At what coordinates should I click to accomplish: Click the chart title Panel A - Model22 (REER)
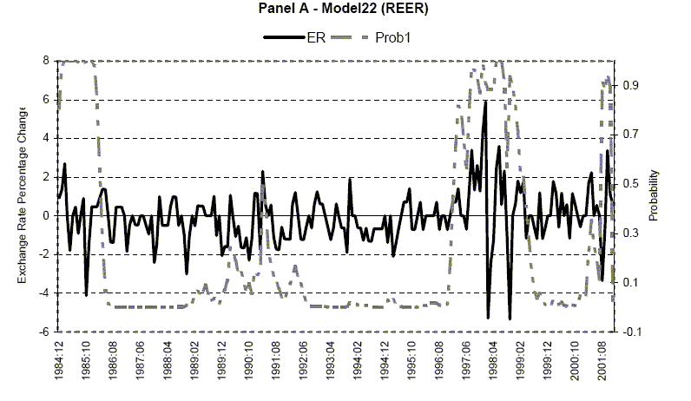pyautogui.click(x=345, y=10)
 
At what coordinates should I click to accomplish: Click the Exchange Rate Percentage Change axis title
pyautogui.click(x=22, y=194)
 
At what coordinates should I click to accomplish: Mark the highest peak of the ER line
pyautogui.click(x=485, y=102)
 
